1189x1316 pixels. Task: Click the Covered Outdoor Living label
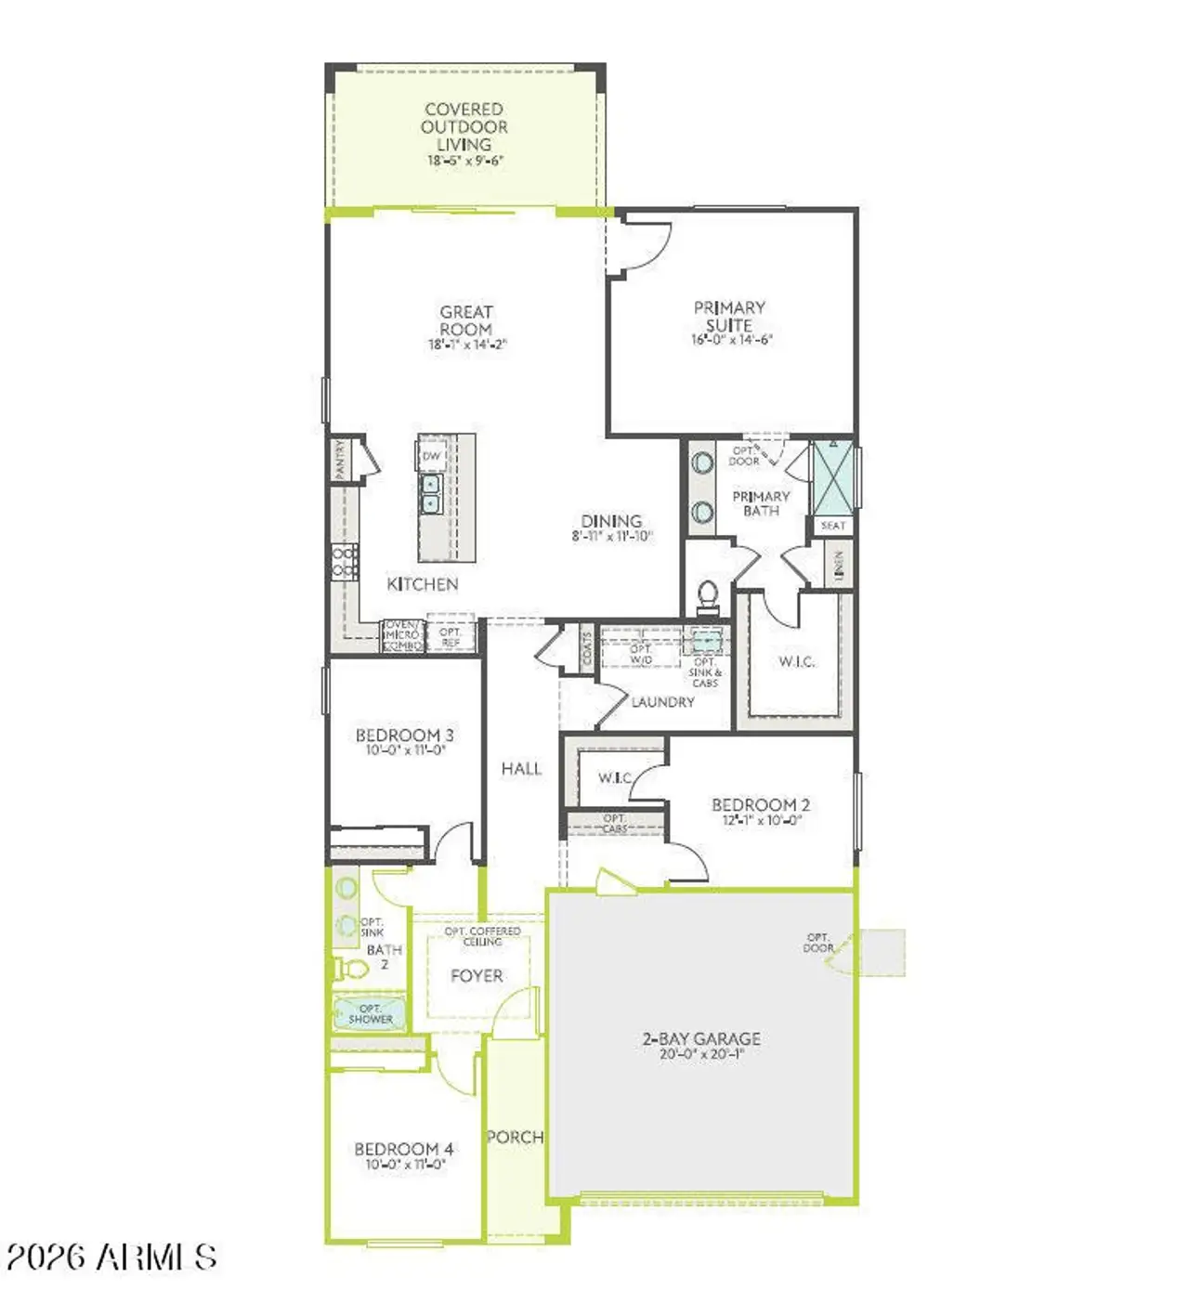464,127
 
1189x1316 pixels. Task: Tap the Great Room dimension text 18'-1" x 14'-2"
466,345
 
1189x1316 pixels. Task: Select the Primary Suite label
729,316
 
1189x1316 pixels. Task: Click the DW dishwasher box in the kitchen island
432,456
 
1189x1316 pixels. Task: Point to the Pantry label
341,460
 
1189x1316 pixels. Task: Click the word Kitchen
423,584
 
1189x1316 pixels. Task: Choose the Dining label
611,521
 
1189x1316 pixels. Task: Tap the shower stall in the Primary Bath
832,477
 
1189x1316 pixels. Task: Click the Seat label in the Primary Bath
833,526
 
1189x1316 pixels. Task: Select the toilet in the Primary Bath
708,594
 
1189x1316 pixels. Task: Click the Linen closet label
839,563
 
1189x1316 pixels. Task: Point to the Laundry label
662,702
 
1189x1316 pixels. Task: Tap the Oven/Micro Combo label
402,635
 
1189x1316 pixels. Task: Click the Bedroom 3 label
405,736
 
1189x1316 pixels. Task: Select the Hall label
521,768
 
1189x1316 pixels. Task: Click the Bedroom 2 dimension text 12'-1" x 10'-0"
762,820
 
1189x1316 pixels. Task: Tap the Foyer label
477,975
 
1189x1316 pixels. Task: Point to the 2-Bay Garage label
701,1038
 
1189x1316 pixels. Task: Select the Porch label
516,1137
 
